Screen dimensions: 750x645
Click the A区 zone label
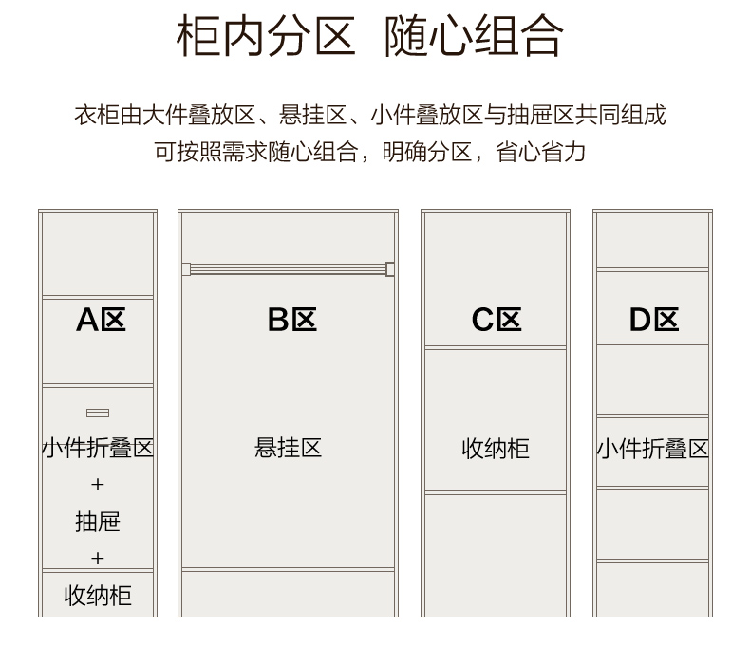pos(101,319)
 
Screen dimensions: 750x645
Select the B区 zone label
pos(292,319)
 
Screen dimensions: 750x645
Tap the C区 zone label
pos(497,319)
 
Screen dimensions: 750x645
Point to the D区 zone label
pos(654,319)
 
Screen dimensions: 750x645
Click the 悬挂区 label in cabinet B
pos(288,448)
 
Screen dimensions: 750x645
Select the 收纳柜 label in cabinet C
pos(496,449)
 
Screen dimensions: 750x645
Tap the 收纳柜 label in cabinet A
pos(98,596)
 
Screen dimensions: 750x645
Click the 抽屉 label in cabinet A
pos(98,522)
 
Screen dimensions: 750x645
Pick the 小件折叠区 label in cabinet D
pos(652,449)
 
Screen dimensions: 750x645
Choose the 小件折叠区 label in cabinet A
pos(98,448)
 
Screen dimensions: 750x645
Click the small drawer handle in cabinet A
pos(98,413)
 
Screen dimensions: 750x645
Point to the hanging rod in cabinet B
pos(288,269)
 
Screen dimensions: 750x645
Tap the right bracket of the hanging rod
pos(390,269)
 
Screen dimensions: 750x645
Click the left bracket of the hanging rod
pos(186,269)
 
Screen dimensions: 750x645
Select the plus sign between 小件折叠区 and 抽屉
pos(98,485)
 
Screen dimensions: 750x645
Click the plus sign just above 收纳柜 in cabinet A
pos(98,558)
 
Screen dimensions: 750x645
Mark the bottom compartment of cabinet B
pos(288,594)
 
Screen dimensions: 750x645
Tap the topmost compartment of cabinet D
pos(652,240)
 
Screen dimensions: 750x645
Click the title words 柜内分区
pos(266,35)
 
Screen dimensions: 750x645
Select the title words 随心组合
pos(474,35)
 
